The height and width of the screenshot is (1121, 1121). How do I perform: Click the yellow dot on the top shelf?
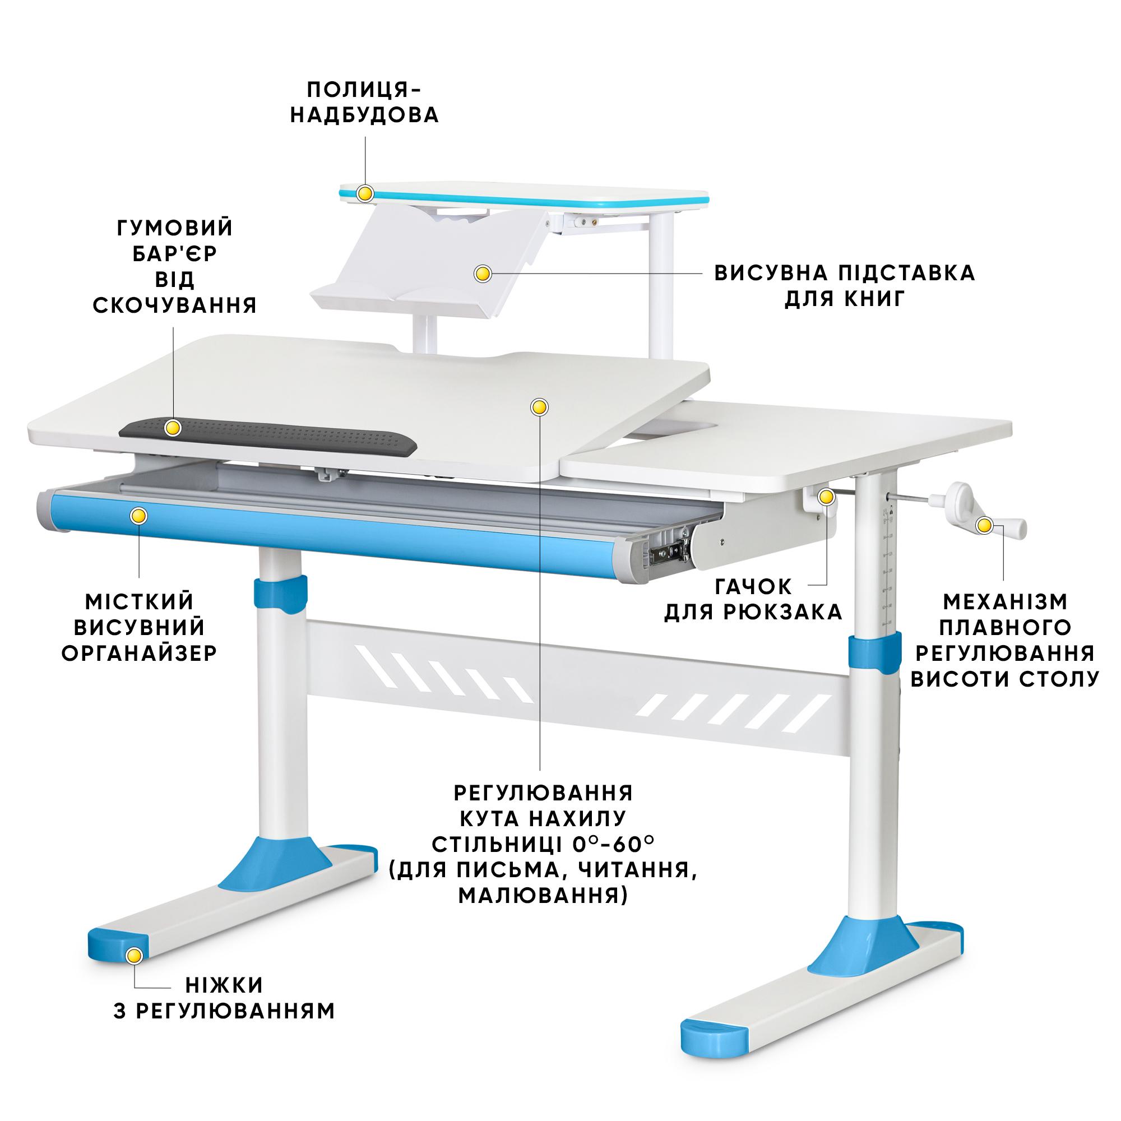pyautogui.click(x=365, y=193)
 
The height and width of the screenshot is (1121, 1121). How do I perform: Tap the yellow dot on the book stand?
pyautogui.click(x=483, y=274)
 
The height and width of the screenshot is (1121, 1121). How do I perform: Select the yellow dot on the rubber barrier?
pyautogui.click(x=173, y=428)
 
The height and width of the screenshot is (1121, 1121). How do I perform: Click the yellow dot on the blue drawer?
pyautogui.click(x=138, y=516)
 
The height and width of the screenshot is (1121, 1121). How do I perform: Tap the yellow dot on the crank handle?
pyautogui.click(x=984, y=526)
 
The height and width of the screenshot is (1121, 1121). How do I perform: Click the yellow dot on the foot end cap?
pyautogui.click(x=135, y=955)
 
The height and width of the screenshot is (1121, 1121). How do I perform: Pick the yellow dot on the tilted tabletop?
pyautogui.click(x=540, y=407)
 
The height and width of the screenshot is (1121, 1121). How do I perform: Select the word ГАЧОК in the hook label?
pyautogui.click(x=753, y=587)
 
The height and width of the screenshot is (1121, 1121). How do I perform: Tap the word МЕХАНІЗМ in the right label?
pyautogui.click(x=1006, y=601)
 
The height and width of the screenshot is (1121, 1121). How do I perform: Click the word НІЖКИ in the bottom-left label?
pyautogui.click(x=224, y=985)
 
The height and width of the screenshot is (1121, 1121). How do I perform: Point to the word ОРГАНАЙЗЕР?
pyautogui.click(x=139, y=654)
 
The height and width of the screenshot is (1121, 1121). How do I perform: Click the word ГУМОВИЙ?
pyautogui.click(x=175, y=228)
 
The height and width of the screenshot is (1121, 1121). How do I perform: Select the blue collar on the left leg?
pyautogui.click(x=281, y=594)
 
